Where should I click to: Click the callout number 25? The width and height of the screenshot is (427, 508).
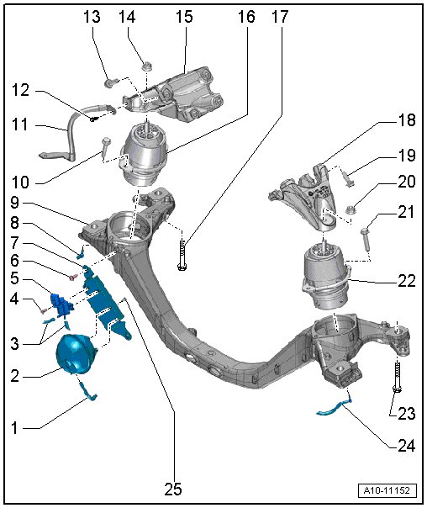pyautogui.click(x=173, y=489)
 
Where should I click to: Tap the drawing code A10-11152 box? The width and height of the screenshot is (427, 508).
pyautogui.click(x=387, y=490)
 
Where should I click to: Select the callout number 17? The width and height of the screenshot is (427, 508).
pyautogui.click(x=280, y=17)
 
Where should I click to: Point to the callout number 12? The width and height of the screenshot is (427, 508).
pyautogui.click(x=20, y=90)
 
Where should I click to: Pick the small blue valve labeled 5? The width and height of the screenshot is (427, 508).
pyautogui.click(x=61, y=304)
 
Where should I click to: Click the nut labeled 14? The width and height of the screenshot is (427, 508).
pyautogui.click(x=146, y=67)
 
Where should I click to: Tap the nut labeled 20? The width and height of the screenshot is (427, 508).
pyautogui.click(x=351, y=210)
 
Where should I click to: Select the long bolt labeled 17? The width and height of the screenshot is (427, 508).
pyautogui.click(x=182, y=252)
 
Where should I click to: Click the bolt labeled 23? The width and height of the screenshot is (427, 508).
pyautogui.click(x=397, y=375)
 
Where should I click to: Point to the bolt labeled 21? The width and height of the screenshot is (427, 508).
pyautogui.click(x=366, y=239)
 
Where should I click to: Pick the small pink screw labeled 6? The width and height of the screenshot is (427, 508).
pyautogui.click(x=72, y=278)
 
